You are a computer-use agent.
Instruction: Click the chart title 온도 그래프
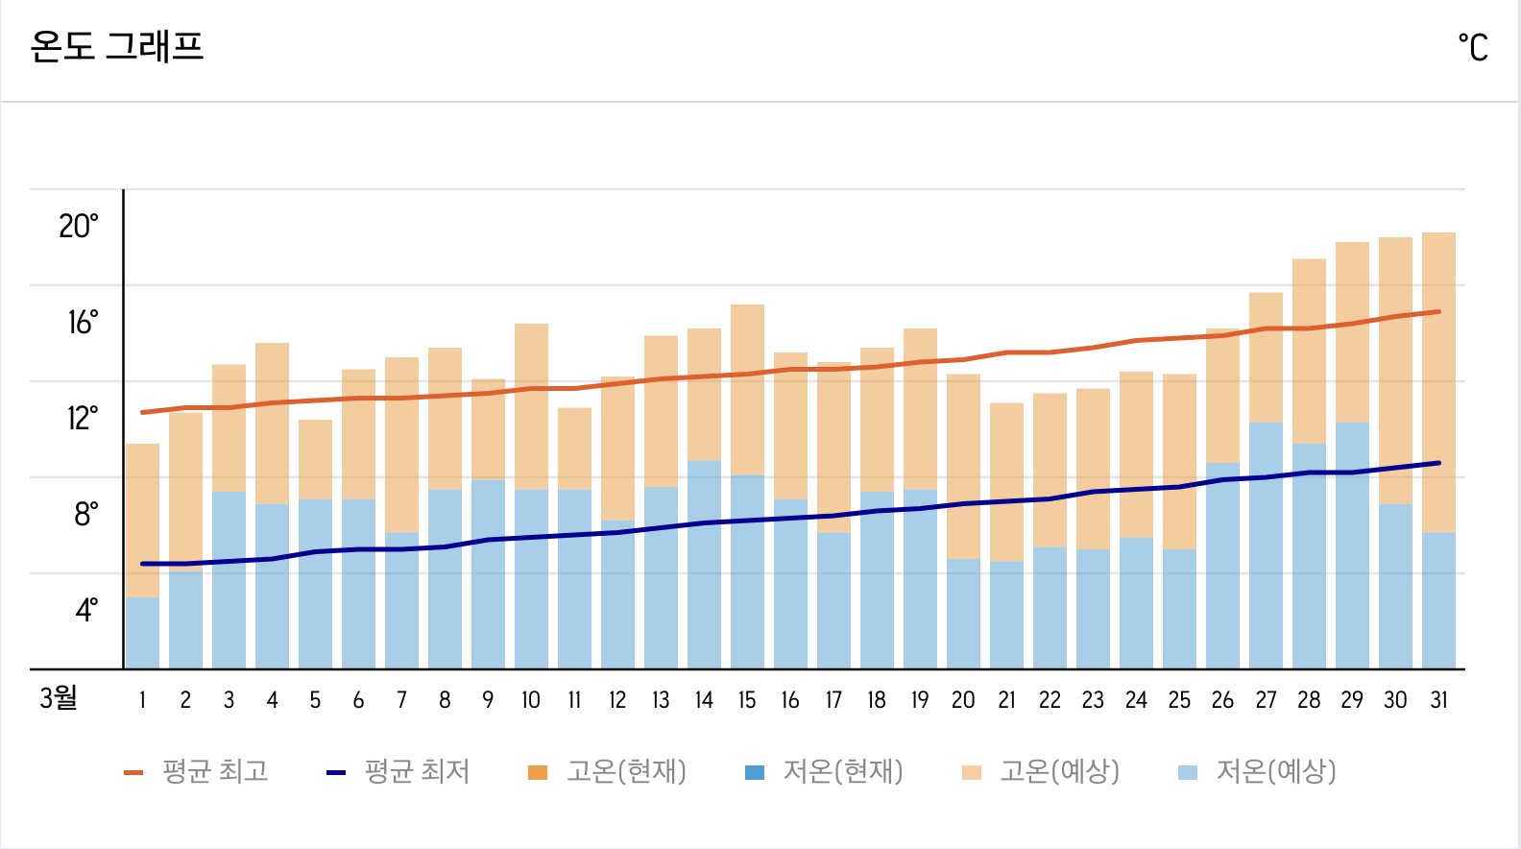coord(117,46)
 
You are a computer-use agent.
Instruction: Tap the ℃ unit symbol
coord(1473,47)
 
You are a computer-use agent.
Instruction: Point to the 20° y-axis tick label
coord(79,227)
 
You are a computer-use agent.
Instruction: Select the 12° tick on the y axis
coord(82,419)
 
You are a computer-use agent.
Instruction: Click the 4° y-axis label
coord(86,610)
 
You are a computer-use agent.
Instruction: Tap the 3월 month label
coord(59,697)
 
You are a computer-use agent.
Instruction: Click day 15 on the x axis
coord(747,700)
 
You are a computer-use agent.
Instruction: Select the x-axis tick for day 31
coord(1438,700)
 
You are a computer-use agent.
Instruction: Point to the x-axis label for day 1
coord(142,700)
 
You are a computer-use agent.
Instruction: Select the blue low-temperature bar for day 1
coord(142,634)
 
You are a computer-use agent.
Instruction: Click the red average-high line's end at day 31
coord(1438,311)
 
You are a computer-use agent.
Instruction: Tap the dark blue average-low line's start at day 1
coord(142,564)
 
